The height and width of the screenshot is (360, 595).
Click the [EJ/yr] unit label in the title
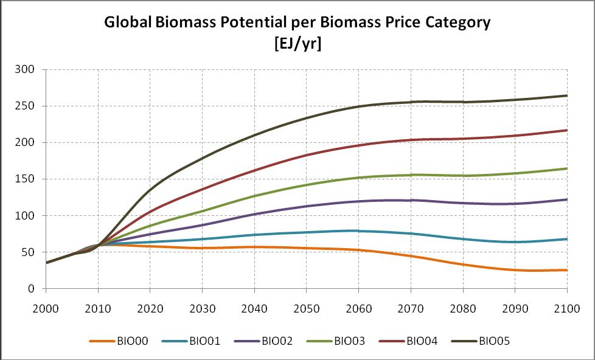(297, 43)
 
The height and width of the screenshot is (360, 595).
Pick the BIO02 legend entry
(271, 341)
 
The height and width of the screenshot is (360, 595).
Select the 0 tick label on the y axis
(36, 289)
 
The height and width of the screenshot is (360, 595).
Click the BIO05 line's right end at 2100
(566, 95)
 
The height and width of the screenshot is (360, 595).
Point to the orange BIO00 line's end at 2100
(566, 270)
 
